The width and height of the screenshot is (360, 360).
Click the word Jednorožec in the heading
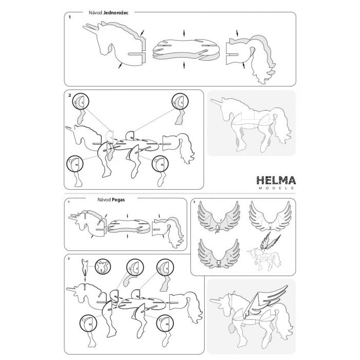[116, 13]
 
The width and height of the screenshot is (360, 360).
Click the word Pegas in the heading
[118, 200]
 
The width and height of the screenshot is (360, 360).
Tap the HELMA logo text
[276, 180]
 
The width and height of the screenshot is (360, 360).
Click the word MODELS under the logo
[276, 188]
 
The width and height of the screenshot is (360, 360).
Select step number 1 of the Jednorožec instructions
[69, 17]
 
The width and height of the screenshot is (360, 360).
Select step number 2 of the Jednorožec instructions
[69, 95]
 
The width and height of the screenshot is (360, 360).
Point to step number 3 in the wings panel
[194, 202]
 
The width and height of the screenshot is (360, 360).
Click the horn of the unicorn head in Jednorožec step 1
[90, 29]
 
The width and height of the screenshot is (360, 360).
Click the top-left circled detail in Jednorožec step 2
[81, 101]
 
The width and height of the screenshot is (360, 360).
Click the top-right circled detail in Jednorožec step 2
[180, 101]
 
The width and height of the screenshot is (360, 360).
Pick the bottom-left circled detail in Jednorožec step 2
[75, 164]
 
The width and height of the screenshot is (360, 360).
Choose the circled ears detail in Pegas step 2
[103, 266]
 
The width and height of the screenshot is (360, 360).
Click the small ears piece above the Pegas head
[85, 267]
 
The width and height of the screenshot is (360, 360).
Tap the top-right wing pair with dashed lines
[271, 216]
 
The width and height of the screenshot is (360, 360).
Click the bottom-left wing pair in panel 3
[219, 253]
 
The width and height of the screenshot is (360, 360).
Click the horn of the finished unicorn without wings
[217, 101]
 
